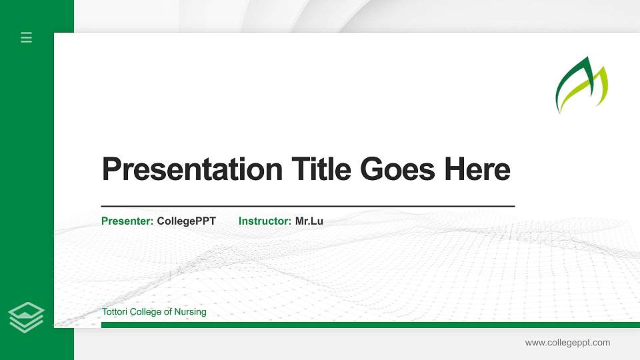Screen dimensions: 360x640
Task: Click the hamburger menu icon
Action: tap(27, 38)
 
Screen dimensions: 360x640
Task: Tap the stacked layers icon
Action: tap(27, 317)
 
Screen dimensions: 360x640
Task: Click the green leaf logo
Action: tap(582, 85)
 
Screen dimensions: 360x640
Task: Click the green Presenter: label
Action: tap(127, 221)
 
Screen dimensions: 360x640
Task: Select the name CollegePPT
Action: tap(187, 221)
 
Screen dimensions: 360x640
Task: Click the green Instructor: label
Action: tap(265, 221)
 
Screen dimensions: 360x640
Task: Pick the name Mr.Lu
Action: tap(309, 221)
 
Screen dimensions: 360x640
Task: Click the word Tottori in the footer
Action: tap(114, 312)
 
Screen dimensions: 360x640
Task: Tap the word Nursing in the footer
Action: tap(191, 312)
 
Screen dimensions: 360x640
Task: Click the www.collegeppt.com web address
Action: tap(567, 343)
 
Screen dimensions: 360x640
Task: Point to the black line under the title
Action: tap(307, 206)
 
